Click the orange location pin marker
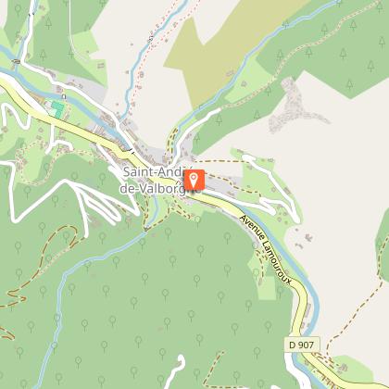click(194, 180)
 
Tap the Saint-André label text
click(153, 172)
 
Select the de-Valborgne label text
click(159, 188)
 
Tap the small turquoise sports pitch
click(57, 109)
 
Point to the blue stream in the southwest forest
click(93, 269)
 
